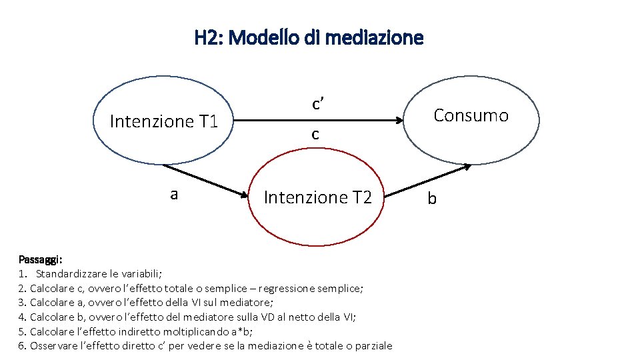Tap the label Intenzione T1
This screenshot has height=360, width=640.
[x=164, y=121]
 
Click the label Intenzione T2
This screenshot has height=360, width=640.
[x=317, y=197]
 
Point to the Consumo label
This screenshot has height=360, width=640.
[x=471, y=116]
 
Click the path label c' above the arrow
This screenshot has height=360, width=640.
[x=317, y=103]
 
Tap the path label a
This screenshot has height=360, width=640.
[x=174, y=194]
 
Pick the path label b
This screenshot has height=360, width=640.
[x=432, y=199]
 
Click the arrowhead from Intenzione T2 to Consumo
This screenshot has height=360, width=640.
[x=467, y=165]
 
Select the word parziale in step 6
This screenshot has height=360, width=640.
[x=370, y=346]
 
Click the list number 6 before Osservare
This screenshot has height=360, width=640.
[x=22, y=346]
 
